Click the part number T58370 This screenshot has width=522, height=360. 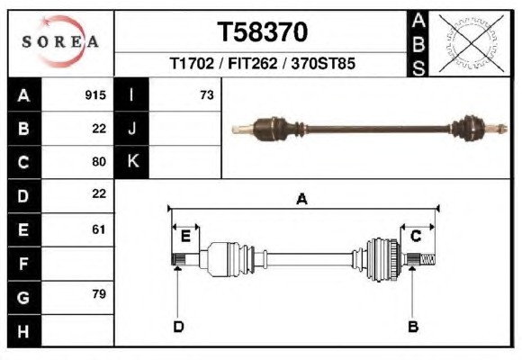pos(262,32)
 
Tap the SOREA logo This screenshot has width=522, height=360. pos(60,41)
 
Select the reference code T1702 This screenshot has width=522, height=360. pos(192,63)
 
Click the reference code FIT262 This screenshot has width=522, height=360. pos(252,63)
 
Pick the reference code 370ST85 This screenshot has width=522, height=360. pos(323,63)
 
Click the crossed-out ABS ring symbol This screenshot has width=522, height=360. pos(471,42)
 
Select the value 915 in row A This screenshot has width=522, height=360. pos(95,95)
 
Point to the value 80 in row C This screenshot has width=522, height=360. pos(99,162)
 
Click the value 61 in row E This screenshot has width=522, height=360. pos(99,229)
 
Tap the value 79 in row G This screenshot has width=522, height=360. pos(99,294)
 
